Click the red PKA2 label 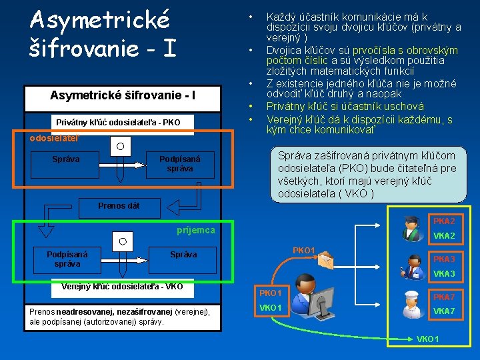tap(444, 221)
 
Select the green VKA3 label tap(444, 274)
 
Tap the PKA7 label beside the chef tap(444, 297)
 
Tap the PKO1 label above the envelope tap(304, 250)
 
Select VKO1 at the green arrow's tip tap(427, 339)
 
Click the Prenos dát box tap(119, 205)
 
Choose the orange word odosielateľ tap(54, 138)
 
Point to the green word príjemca tap(196, 230)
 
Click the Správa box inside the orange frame tap(66, 159)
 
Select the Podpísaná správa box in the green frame tap(67, 258)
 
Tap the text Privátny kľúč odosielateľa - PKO tap(118, 122)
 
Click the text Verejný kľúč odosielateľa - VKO tap(122, 287)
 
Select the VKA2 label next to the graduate tap(444, 236)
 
